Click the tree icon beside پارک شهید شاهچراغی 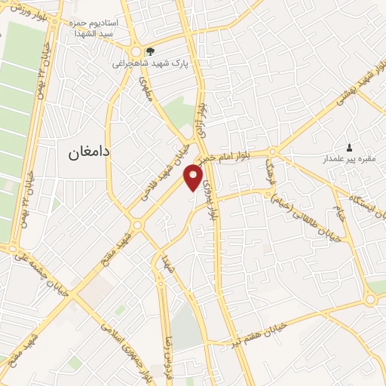[151, 51]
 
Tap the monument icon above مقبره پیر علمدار [348, 146]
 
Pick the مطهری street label [146, 93]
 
